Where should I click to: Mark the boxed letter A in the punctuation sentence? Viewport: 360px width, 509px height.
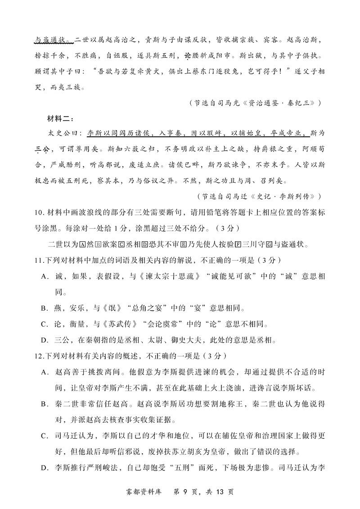click(82, 244)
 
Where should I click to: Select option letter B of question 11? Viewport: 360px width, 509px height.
click(44, 308)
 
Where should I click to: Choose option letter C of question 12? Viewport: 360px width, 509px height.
click(44, 436)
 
